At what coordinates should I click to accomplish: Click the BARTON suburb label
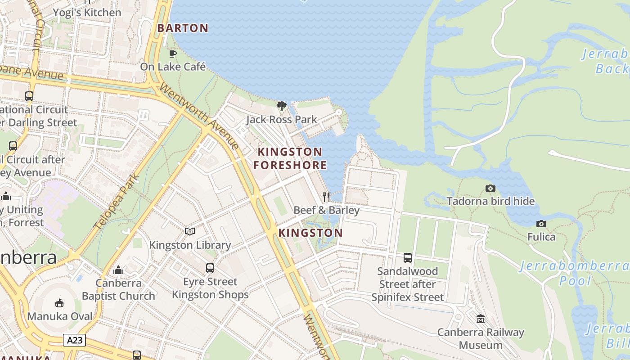click(x=183, y=28)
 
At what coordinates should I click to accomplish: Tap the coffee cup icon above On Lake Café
click(x=172, y=54)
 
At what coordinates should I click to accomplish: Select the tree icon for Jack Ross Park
click(x=282, y=106)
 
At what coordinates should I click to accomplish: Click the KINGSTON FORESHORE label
click(x=290, y=158)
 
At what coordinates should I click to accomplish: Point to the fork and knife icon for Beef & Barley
click(x=327, y=197)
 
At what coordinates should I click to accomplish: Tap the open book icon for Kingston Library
click(x=190, y=231)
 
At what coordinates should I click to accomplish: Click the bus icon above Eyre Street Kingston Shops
click(x=210, y=268)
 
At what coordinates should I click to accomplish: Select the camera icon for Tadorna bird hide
click(x=490, y=188)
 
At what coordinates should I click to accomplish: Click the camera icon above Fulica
click(x=541, y=224)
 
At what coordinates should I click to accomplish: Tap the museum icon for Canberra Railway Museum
click(x=481, y=319)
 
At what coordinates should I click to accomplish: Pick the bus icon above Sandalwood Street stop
click(x=408, y=258)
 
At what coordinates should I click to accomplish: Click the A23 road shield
click(x=74, y=340)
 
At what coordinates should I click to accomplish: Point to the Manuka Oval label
click(x=60, y=316)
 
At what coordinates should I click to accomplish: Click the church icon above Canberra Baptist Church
click(x=118, y=270)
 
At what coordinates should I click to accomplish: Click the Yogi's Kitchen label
click(x=87, y=13)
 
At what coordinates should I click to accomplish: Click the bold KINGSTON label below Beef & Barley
click(x=310, y=233)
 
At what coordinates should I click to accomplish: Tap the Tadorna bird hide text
click(x=490, y=201)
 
